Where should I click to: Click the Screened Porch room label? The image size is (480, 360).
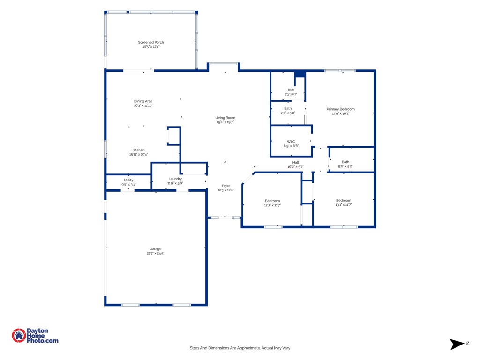click(x=151, y=42)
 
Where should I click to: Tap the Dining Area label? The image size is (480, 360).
click(x=143, y=101)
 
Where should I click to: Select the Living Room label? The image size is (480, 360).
click(x=225, y=118)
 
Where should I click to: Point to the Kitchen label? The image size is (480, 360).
click(x=138, y=150)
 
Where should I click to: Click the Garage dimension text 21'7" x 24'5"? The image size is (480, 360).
click(x=156, y=254)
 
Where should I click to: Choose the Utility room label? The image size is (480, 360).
click(x=128, y=180)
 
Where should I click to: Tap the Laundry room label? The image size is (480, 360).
click(x=175, y=179)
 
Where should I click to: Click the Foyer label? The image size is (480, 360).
click(x=226, y=186)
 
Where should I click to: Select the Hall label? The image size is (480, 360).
click(x=295, y=163)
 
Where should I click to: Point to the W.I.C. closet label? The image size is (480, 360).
click(x=291, y=142)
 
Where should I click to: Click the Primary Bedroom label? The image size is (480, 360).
click(x=341, y=109)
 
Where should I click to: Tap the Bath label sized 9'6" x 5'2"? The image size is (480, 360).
click(x=345, y=162)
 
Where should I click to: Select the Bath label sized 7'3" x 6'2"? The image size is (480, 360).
click(x=291, y=90)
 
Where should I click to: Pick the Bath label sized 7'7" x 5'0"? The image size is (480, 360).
click(x=288, y=108)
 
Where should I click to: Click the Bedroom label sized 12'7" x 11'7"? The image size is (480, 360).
click(x=272, y=201)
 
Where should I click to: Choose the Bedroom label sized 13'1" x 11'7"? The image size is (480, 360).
click(x=344, y=201)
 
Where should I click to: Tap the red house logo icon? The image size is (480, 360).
click(x=19, y=336)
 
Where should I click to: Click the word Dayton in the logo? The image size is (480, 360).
click(x=37, y=331)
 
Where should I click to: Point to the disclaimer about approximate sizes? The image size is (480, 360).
click(x=240, y=348)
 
